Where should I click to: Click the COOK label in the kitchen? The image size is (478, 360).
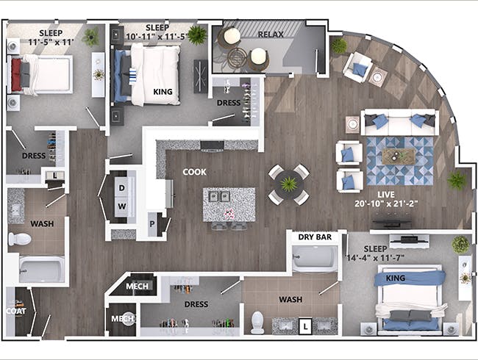click(x=194, y=172)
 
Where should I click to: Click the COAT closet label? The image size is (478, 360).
click(x=15, y=311)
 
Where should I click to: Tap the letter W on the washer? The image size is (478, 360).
click(x=122, y=206)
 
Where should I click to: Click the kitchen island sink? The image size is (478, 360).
click(x=218, y=196)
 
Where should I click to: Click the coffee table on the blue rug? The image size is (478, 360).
click(x=398, y=155)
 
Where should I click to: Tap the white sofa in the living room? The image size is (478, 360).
click(x=399, y=122)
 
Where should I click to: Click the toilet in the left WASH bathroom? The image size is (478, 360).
click(x=20, y=239)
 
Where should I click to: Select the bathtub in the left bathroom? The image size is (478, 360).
click(x=40, y=269)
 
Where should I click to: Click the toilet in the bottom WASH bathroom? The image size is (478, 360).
click(x=257, y=322)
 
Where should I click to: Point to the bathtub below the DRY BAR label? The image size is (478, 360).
click(x=314, y=258)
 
